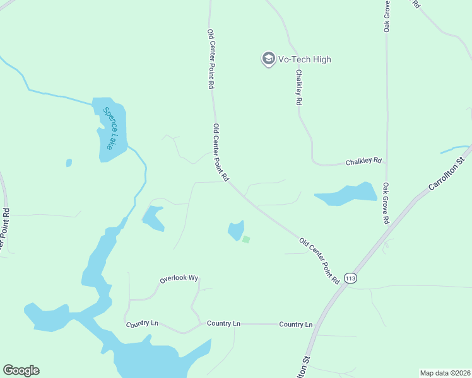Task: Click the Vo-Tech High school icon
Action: pyautogui.click(x=268, y=59)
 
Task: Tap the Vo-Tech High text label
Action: pyautogui.click(x=305, y=59)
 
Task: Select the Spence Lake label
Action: pyautogui.click(x=110, y=129)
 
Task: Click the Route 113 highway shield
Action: pyautogui.click(x=351, y=278)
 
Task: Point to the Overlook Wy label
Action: pyautogui.click(x=179, y=278)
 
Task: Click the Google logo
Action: pyautogui.click(x=21, y=370)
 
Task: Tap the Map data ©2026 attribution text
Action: pyautogui.click(x=445, y=372)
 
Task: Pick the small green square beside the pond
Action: pyautogui.click(x=246, y=239)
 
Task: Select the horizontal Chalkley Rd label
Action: pyautogui.click(x=364, y=162)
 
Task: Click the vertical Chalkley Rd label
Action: pyautogui.click(x=298, y=88)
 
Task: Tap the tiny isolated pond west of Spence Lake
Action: pyautogui.click(x=68, y=163)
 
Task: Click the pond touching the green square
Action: pyautogui.click(x=236, y=230)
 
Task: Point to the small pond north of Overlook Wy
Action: pyautogui.click(x=153, y=217)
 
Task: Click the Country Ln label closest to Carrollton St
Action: pyautogui.click(x=296, y=324)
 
